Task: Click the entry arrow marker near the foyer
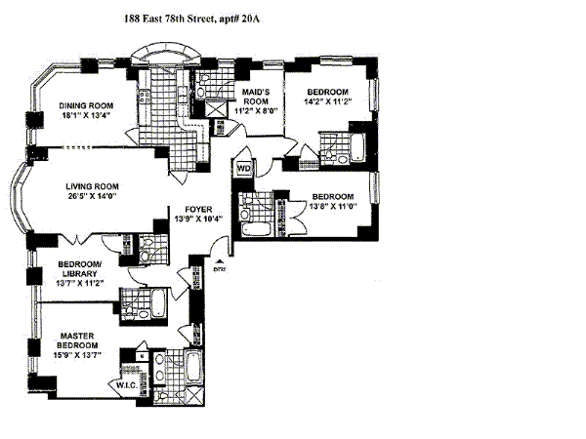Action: (220, 261)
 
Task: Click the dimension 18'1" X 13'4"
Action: (83, 118)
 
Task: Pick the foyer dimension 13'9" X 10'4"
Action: (191, 219)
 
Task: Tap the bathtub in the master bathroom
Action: (193, 372)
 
